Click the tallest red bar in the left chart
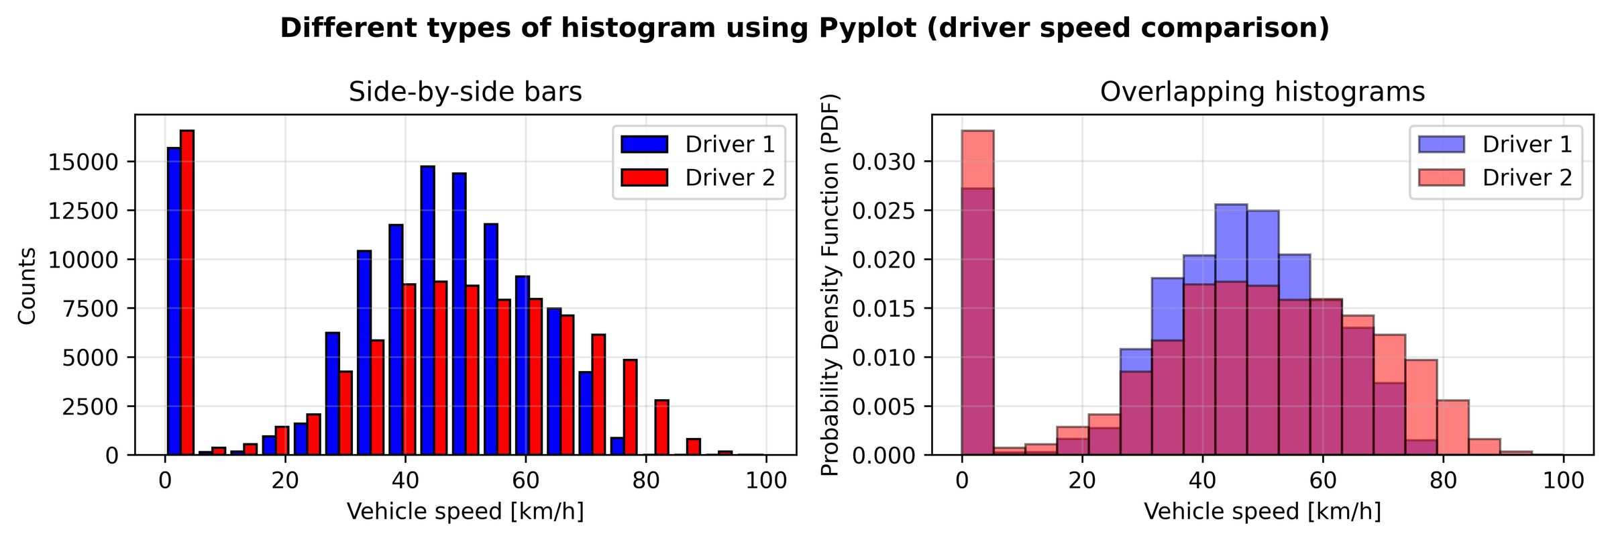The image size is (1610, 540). tap(187, 292)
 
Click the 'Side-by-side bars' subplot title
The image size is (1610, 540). tap(465, 92)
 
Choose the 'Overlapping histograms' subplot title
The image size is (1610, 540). tap(1262, 92)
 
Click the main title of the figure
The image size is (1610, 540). tap(804, 28)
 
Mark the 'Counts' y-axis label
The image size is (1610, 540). tap(28, 286)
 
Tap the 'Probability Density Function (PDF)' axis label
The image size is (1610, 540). tap(830, 284)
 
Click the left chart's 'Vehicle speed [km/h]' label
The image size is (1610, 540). tap(465, 512)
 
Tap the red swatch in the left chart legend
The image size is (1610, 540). tap(644, 178)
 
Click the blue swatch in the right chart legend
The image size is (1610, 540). tap(1441, 144)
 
